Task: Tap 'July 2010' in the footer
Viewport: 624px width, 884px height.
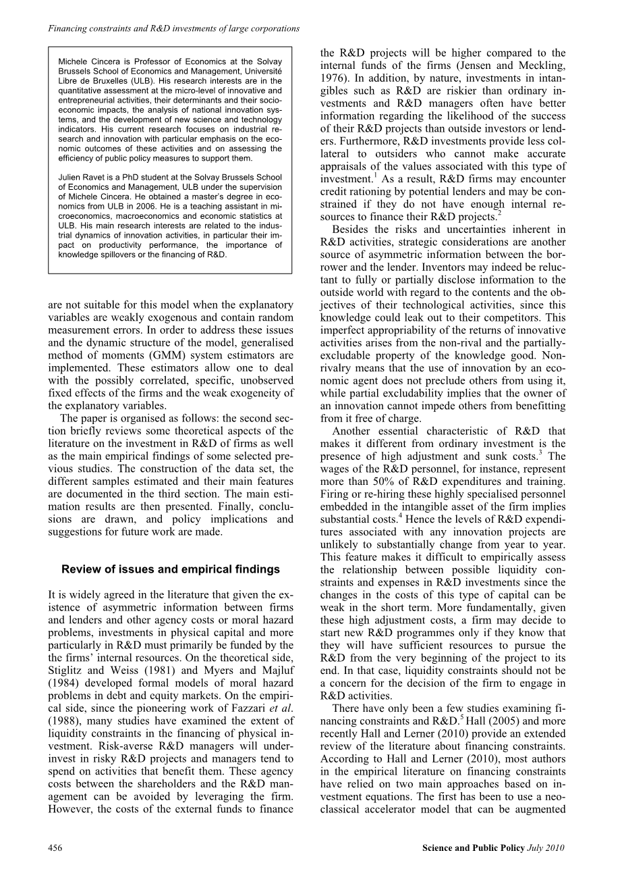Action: point(546,848)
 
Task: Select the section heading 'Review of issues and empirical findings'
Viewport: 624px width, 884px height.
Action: point(171,569)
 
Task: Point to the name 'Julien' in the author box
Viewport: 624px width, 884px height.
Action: point(70,178)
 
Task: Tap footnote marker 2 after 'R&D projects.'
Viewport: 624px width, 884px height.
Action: point(499,214)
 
